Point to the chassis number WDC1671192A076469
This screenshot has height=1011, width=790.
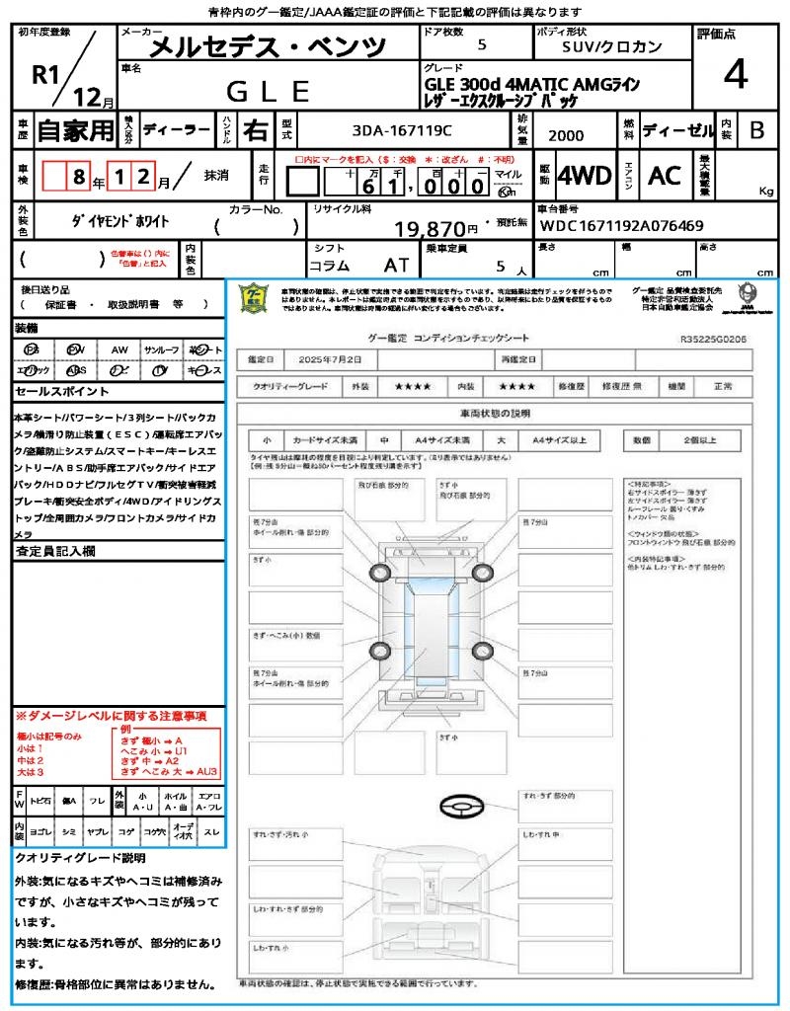(621, 225)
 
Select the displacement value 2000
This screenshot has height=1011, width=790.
(566, 135)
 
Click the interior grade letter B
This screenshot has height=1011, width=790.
(756, 130)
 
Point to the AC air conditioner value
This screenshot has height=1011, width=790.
(664, 176)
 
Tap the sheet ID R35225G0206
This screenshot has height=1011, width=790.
(713, 338)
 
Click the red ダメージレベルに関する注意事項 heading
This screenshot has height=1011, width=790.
(110, 715)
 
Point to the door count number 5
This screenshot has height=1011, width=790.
(481, 45)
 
